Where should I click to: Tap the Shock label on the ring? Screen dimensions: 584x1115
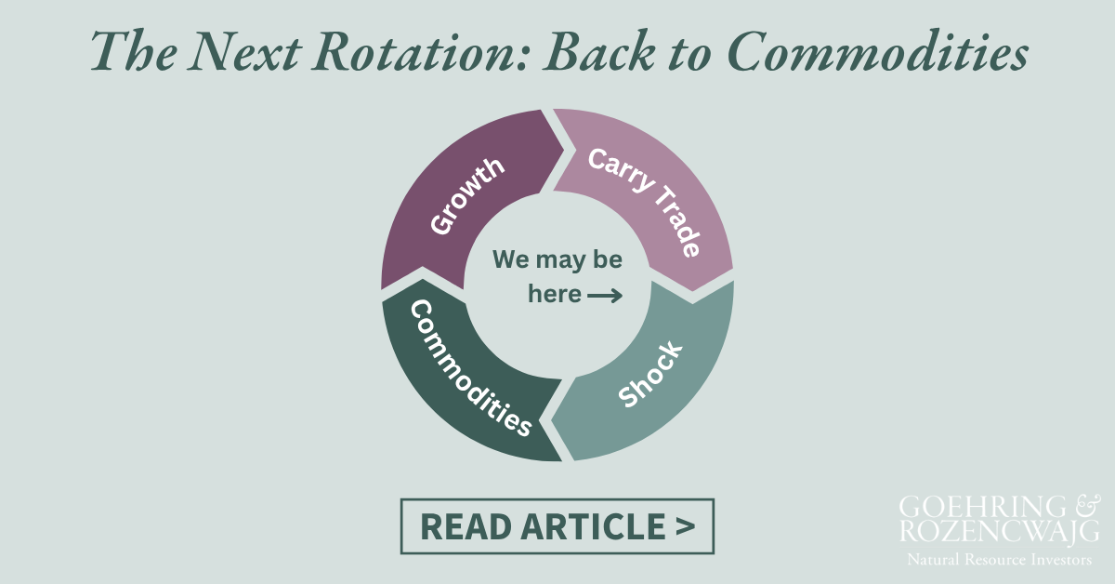pyautogui.click(x=650, y=374)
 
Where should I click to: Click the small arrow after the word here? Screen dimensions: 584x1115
pyautogui.click(x=605, y=296)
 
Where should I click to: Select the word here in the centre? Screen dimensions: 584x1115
pyautogui.click(x=555, y=294)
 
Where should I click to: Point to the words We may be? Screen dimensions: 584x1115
pyautogui.click(x=557, y=259)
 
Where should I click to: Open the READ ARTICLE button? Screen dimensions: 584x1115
pyautogui.click(x=557, y=526)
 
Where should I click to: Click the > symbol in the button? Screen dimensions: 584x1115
pyautogui.click(x=685, y=526)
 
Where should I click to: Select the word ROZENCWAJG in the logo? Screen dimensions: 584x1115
pyautogui.click(x=999, y=531)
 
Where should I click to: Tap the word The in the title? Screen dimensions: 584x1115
pyautogui.click(x=125, y=53)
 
